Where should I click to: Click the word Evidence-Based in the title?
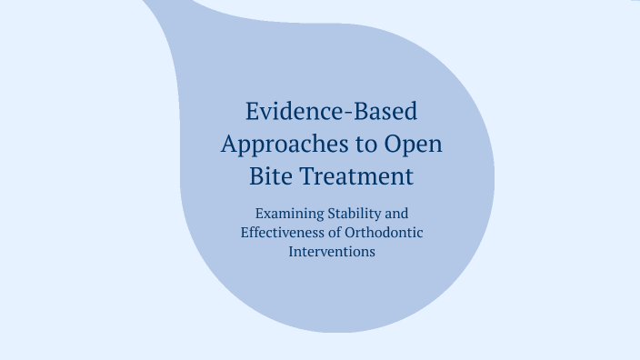pos(332,112)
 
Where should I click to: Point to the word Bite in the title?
pos(269,175)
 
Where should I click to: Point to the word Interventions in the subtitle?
pos(332,252)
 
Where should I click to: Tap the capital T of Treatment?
pos(309,175)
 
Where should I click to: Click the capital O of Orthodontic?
pos(351,233)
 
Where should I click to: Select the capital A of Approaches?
pos(230,143)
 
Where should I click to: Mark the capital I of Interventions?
pos(292,252)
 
